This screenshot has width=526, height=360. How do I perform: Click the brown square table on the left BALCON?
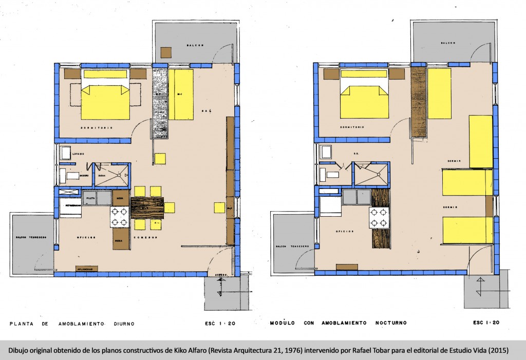(166, 52)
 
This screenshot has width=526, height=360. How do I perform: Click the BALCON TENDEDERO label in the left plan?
(31, 237)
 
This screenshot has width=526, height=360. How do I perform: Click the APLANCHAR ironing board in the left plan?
(85, 268)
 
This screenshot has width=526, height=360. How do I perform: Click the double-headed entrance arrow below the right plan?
(480, 287)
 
